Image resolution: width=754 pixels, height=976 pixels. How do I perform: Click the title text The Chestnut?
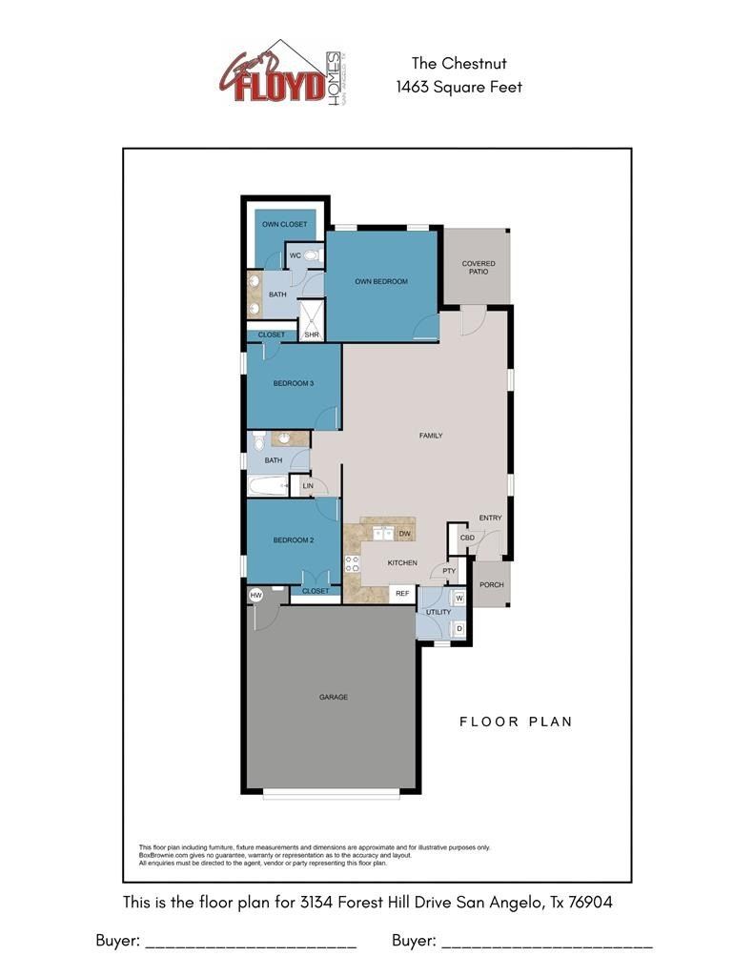(x=459, y=63)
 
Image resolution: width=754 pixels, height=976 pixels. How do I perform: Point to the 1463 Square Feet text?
(x=459, y=87)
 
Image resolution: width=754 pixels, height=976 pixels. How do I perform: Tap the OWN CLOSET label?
(x=284, y=224)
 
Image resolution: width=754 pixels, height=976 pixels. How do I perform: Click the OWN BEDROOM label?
(x=381, y=281)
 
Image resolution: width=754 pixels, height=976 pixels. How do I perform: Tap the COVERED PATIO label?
(x=478, y=268)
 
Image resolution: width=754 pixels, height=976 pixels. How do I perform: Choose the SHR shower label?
(x=312, y=335)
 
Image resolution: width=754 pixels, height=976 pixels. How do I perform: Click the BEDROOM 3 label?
(x=293, y=383)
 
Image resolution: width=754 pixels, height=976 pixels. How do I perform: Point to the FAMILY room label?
(x=431, y=436)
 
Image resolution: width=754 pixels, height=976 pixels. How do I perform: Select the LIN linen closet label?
(x=307, y=487)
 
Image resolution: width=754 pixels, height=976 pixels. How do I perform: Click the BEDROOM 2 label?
(x=293, y=539)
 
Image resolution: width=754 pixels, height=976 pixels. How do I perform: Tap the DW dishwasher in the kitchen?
(x=404, y=534)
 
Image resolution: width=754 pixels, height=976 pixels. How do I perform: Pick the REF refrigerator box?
(x=402, y=593)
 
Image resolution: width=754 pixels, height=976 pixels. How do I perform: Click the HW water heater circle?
(x=255, y=596)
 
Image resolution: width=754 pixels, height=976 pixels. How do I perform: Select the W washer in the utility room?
(x=459, y=599)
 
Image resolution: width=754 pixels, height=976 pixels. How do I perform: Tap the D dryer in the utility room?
(x=459, y=628)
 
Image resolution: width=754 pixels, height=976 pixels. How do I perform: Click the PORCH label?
(x=491, y=584)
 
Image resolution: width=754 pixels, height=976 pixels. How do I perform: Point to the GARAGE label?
(x=333, y=697)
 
